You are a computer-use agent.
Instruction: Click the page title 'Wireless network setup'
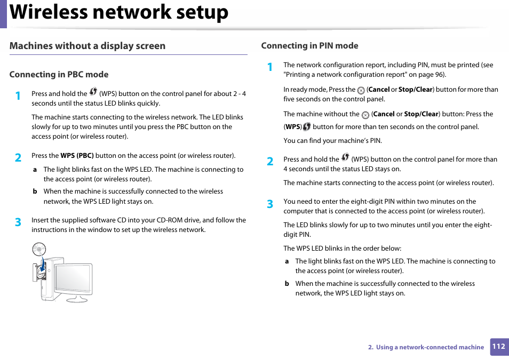[119, 13]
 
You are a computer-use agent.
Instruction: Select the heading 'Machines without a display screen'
[88, 46]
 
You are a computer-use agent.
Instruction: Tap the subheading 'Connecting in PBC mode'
[59, 75]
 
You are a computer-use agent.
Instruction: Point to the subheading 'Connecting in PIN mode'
[309, 46]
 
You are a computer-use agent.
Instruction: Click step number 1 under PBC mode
[18, 96]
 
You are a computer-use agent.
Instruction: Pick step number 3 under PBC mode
[18, 222]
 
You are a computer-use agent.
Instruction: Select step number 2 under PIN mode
[270, 162]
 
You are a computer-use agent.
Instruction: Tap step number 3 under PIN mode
[270, 204]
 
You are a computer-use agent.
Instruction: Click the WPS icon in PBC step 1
[93, 92]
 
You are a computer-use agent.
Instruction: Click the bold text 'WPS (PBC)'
[77, 156]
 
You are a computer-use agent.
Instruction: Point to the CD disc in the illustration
[39, 249]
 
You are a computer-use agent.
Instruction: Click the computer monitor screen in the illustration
[71, 278]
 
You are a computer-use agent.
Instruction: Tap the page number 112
[498, 347]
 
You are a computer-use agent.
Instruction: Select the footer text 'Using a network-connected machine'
[430, 347]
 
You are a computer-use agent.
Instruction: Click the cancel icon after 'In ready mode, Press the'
[361, 91]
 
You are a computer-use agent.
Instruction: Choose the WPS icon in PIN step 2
[345, 157]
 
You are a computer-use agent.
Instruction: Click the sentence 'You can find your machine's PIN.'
[332, 141]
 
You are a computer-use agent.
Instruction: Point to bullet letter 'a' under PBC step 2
[35, 170]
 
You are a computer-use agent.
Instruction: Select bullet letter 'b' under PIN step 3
[287, 284]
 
